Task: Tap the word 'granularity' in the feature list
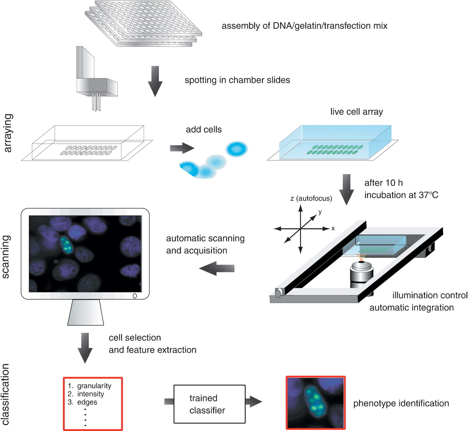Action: tap(94, 386)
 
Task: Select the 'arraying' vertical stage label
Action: tap(8, 133)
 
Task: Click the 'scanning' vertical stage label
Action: tap(6, 256)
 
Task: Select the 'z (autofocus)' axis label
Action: tap(311, 198)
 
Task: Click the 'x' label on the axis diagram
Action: tap(333, 228)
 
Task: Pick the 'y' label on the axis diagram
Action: tap(320, 212)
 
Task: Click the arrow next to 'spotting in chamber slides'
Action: tap(155, 81)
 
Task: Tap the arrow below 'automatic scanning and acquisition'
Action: tap(217, 268)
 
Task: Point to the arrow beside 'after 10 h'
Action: tap(346, 189)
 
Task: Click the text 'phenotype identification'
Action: tap(401, 403)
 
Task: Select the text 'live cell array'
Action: tap(356, 112)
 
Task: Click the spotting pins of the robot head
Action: tap(96, 102)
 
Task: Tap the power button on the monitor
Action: tap(135, 296)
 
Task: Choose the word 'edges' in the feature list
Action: tap(87, 402)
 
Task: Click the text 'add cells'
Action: tap(204, 129)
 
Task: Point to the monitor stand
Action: tap(86, 312)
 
